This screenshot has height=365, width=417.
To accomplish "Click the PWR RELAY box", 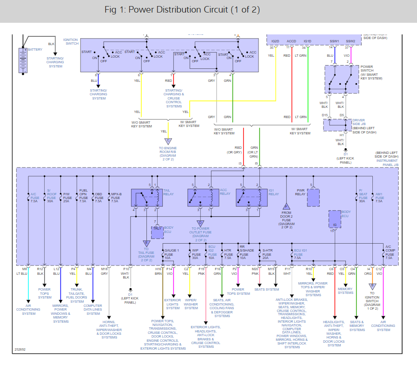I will pos(314,198).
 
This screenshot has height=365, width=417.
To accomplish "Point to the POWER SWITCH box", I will pos(342,80).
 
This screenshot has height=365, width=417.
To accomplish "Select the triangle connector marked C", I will pos(168,141).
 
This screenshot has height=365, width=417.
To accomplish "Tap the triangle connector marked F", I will pos(286,206).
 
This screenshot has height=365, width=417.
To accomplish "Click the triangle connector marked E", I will pos(146,242).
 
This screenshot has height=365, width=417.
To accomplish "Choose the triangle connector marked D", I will pos(200,223).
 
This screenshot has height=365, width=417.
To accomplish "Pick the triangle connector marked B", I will pos(371,286).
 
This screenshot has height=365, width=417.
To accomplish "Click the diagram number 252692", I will pos(20,349).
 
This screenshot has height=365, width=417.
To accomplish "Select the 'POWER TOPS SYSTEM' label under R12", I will pos(45,293).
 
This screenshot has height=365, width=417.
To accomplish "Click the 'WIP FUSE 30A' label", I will pos(197,254).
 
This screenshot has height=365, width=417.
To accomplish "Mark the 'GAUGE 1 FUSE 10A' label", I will pos(171,254).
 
